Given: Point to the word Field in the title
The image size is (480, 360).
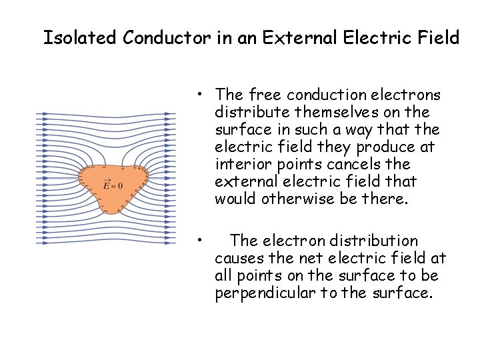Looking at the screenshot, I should [436, 37].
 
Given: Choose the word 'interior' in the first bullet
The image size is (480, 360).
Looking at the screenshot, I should [240, 164].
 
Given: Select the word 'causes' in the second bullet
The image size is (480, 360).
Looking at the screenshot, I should [239, 258].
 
